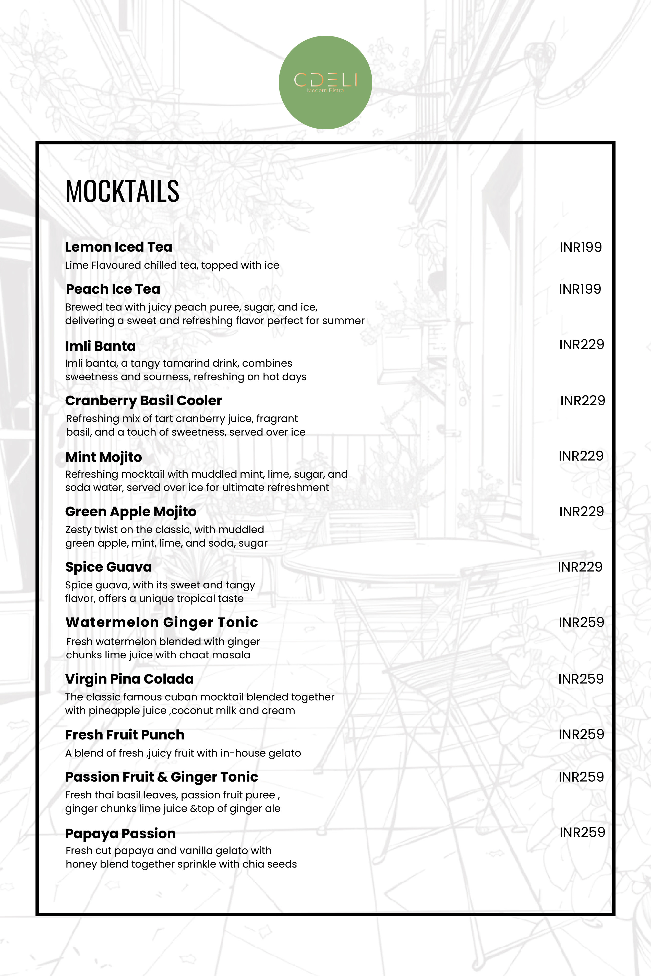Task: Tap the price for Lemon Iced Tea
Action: pos(581,247)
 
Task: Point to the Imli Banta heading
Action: pos(101,346)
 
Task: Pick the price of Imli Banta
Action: pos(581,344)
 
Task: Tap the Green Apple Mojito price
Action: pos(581,512)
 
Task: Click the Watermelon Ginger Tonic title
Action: pos(162,622)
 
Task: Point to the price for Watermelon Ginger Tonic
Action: pos(581,622)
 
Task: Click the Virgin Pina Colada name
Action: pos(129,679)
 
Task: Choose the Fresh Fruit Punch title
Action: pos(125,735)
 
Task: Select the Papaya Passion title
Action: pos(120,833)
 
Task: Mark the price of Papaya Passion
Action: pos(582,832)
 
